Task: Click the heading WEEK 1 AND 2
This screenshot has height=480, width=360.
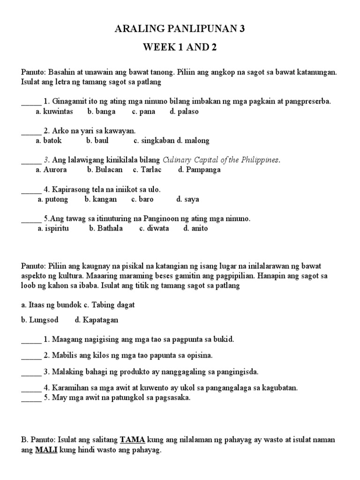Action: [x=180, y=48]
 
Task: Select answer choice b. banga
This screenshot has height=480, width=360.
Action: [x=98, y=111]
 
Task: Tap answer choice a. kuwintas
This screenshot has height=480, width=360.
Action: [x=54, y=111]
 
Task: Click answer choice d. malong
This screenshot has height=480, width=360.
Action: [x=193, y=140]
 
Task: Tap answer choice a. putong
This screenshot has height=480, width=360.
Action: [x=53, y=199]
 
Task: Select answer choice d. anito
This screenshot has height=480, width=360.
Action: [x=195, y=228]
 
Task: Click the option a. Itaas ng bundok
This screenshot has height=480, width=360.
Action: [x=51, y=305]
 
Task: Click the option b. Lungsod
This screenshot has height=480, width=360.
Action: [x=38, y=320]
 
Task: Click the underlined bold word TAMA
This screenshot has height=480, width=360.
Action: [x=133, y=440]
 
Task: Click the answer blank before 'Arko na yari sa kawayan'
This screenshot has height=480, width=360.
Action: [x=31, y=132]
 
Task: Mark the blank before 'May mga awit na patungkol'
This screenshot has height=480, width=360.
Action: [x=31, y=398]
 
